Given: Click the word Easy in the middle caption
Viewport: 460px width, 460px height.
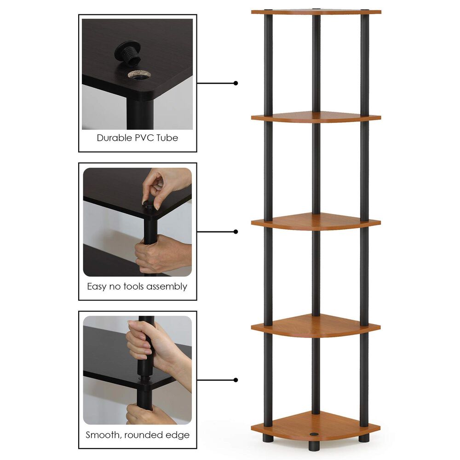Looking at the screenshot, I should pos(97,287).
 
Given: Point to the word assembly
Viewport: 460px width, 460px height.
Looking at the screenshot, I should pos(167,287).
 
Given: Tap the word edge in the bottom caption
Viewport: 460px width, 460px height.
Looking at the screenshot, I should pos(179,435).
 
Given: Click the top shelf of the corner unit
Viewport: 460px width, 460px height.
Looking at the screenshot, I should pos(316,11).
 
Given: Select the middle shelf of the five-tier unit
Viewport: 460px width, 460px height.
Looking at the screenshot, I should pos(316,222).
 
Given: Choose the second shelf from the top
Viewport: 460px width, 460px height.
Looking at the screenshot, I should pos(316,116).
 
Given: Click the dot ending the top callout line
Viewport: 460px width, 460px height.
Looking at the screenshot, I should pos(236,83).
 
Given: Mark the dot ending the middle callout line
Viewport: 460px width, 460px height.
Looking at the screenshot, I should pos(236,231).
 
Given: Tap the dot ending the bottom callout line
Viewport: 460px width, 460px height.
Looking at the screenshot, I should pos(236,380).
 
